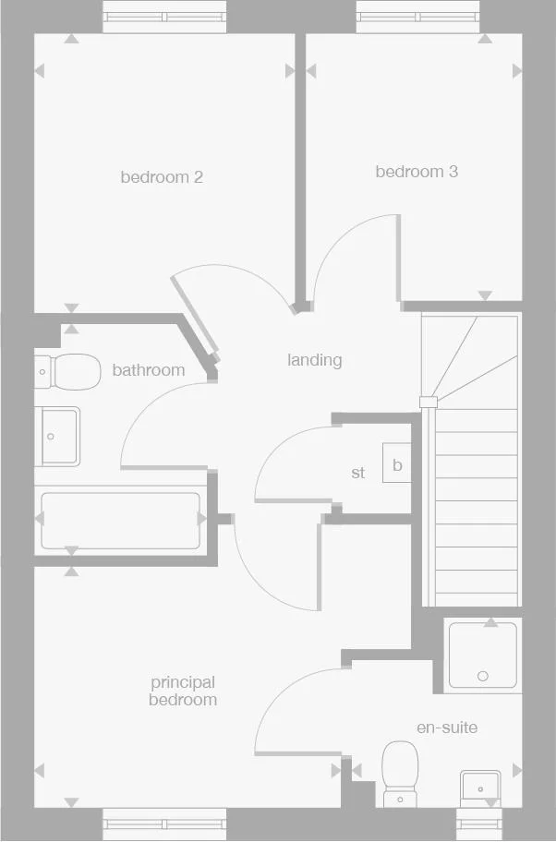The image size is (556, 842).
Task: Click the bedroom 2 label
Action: (x=162, y=177)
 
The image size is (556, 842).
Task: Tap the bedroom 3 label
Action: (x=417, y=172)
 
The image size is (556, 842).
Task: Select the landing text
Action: (x=314, y=360)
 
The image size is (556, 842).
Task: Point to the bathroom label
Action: (x=148, y=370)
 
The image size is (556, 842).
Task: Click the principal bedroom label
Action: (x=183, y=691)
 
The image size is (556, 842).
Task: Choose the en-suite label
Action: (x=447, y=728)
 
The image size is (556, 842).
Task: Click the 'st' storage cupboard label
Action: (x=358, y=473)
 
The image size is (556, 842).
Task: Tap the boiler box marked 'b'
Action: (x=397, y=464)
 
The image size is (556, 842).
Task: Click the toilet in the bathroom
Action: (x=69, y=372)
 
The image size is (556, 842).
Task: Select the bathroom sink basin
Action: (x=58, y=437)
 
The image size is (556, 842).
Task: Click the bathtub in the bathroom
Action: (x=120, y=521)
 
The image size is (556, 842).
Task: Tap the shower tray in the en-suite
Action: (x=483, y=656)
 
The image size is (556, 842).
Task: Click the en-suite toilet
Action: (x=401, y=772)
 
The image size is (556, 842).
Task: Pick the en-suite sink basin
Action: (x=479, y=787)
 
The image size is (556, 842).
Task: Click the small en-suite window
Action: (x=479, y=823)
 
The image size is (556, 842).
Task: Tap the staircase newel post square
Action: (x=427, y=402)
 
